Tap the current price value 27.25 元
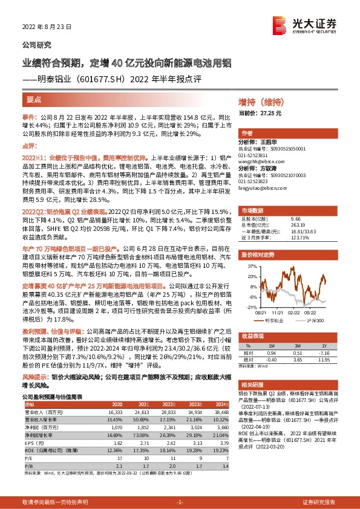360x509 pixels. click(269, 113)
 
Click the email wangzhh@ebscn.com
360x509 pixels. click(260, 161)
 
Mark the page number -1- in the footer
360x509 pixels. click(180, 502)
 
